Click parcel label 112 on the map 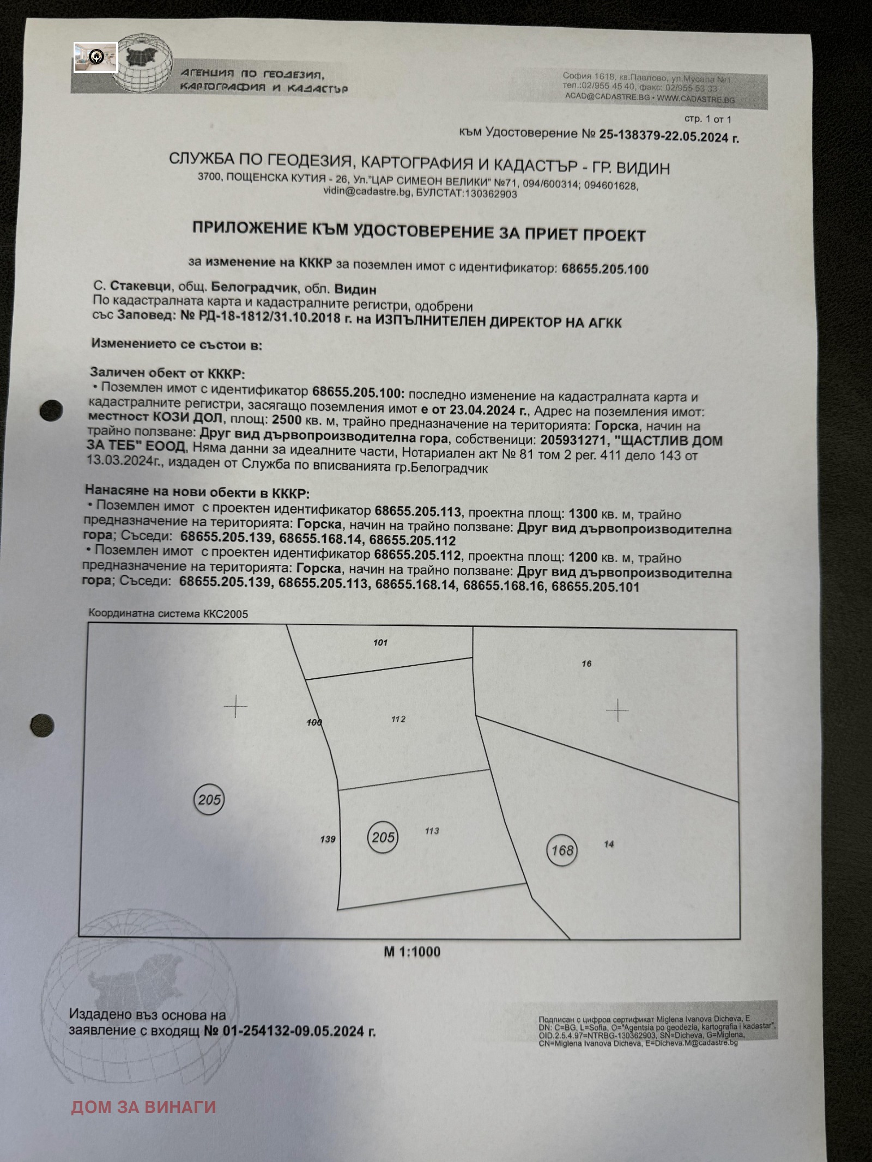[x=398, y=719]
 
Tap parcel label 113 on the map [x=432, y=831]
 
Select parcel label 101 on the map [x=380, y=642]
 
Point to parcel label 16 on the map [x=586, y=664]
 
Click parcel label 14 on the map [x=609, y=844]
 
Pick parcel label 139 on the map [x=328, y=839]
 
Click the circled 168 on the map [x=562, y=850]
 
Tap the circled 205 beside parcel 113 [x=383, y=837]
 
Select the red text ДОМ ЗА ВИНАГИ [x=143, y=1107]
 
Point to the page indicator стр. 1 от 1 [x=708, y=119]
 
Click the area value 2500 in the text [x=287, y=419]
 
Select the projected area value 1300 [x=583, y=513]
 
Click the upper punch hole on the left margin [x=51, y=410]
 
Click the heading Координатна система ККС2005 [x=168, y=614]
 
